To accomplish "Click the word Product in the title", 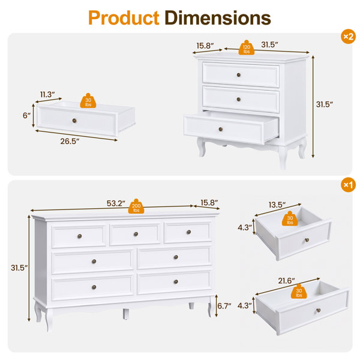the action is click(x=124, y=18).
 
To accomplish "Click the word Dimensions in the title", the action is click(x=218, y=17).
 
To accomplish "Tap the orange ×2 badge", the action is click(x=348, y=36).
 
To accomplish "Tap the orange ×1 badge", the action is click(x=348, y=185).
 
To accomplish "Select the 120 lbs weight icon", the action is click(x=247, y=47).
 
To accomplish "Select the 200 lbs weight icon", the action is click(x=136, y=206).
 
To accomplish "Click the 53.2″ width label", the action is click(x=116, y=203).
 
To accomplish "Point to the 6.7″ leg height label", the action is click(x=224, y=306).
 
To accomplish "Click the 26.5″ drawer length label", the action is click(x=70, y=141).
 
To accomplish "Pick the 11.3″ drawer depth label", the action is click(x=47, y=94).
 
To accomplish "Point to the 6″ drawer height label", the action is click(x=26, y=115).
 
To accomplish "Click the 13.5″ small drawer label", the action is click(x=277, y=205).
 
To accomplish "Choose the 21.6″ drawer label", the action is click(x=287, y=281).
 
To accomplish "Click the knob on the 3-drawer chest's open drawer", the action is click(x=221, y=129).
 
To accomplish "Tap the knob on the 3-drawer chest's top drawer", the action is click(x=239, y=75).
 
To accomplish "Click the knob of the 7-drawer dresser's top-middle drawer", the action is click(x=136, y=234).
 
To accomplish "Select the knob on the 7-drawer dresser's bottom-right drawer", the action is click(x=176, y=281).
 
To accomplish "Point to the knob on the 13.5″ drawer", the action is click(x=307, y=240).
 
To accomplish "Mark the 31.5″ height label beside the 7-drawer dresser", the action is click(x=19, y=268).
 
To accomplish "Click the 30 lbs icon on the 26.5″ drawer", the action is click(x=88, y=101).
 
